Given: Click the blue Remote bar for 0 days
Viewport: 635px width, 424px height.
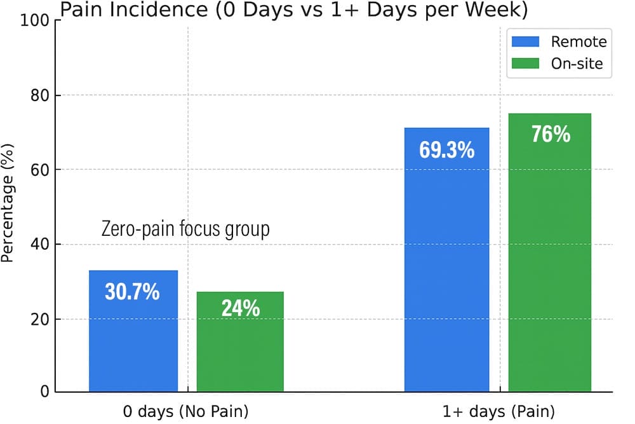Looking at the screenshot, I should click(133, 343).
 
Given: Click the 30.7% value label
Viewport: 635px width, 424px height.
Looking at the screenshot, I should click(132, 292).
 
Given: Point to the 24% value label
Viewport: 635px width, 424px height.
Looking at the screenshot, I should click(241, 308).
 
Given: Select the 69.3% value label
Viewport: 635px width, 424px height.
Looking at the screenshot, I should click(447, 151).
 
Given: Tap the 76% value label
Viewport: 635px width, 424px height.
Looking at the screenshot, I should click(550, 135).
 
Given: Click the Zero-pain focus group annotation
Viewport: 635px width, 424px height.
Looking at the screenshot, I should click(185, 229).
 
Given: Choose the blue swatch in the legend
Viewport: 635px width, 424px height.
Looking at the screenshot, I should click(526, 42).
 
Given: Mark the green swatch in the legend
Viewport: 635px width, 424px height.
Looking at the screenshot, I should click(526, 64).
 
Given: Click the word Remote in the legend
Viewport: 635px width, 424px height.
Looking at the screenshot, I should click(578, 42).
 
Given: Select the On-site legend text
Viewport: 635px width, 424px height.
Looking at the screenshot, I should click(577, 64).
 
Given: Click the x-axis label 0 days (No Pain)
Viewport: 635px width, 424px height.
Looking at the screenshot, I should click(186, 411).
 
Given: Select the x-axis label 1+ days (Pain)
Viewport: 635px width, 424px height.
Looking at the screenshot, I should click(498, 411).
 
